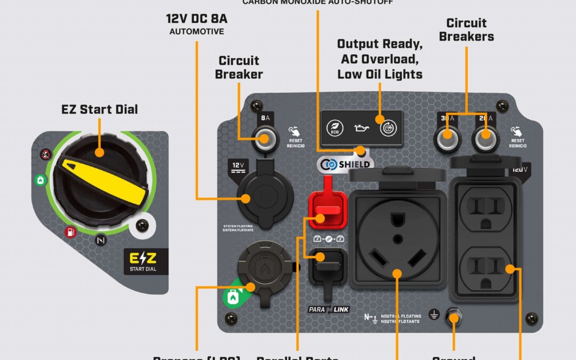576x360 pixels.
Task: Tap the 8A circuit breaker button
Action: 264,140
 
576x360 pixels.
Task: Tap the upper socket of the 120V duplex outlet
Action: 485,210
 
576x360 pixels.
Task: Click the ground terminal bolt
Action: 454,319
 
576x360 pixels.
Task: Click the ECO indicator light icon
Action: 334,129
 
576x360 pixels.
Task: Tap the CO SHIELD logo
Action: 345,164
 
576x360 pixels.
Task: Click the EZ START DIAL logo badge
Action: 145,262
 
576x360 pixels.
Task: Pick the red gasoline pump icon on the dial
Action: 70,232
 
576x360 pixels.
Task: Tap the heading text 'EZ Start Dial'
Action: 99,110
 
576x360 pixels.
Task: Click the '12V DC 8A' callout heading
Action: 196,19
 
